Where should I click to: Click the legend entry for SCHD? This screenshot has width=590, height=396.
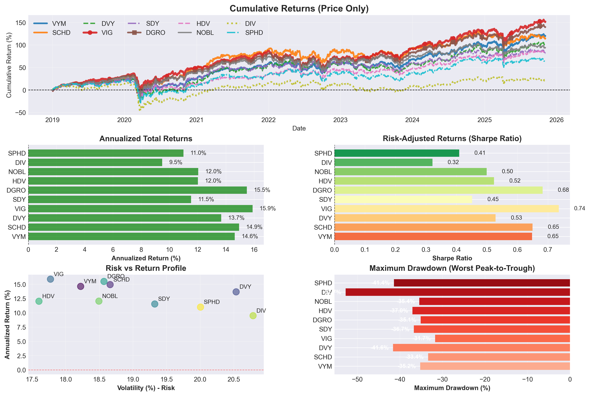pos(61,33)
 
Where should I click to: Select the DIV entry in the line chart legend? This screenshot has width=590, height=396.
pos(250,23)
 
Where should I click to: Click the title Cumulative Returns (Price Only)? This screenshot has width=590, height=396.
pos(299,9)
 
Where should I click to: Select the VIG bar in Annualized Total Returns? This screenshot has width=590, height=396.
pos(140,209)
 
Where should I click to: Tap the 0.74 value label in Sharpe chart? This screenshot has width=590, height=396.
pos(579,208)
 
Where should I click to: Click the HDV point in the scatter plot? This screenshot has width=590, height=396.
pos(39,301)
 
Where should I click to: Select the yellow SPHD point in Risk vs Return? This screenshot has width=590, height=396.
pos(200,307)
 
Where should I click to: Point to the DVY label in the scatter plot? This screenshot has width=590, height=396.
pos(245,287)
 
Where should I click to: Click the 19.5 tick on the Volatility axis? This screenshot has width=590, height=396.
pos(167,379)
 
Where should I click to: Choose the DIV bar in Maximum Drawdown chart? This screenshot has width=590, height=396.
pos(458,292)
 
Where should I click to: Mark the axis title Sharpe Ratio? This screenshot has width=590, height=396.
pos(452,258)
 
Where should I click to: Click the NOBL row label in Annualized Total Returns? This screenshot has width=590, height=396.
pos(17,172)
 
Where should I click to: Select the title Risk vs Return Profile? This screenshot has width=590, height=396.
pos(146,268)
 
